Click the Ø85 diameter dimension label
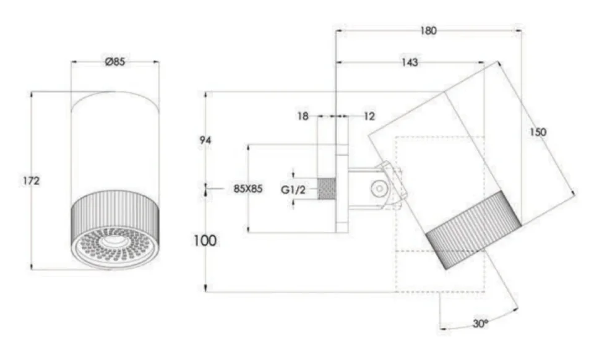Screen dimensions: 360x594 point(116,61)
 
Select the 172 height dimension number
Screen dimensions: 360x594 point(31,181)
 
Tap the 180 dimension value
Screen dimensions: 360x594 point(428,30)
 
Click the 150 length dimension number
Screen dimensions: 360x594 point(538,132)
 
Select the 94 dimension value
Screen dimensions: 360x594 point(205,140)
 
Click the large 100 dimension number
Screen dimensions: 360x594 point(205,241)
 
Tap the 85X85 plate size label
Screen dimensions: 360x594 point(248,189)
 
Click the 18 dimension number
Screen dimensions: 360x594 point(303,116)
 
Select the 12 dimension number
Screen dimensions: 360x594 point(369,116)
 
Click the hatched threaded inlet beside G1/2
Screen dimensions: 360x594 point(326,189)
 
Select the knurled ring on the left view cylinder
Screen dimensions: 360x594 point(115,213)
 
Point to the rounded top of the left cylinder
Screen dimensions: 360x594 point(115,99)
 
